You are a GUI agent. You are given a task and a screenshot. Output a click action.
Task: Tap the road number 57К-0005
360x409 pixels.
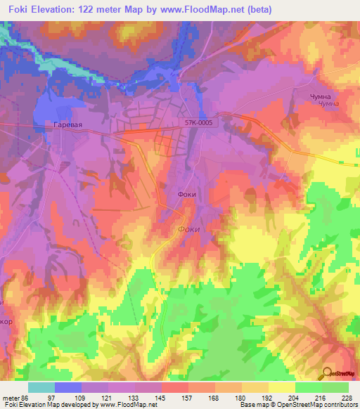click(x=198, y=122)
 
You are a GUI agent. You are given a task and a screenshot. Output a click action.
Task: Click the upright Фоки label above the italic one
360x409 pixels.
click(x=186, y=195)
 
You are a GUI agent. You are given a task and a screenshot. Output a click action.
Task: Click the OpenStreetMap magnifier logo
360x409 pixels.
click(x=327, y=373)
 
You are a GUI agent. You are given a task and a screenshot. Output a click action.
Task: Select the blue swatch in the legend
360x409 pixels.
click(x=68, y=387)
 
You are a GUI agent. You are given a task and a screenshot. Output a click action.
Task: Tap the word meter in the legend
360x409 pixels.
click(x=11, y=398)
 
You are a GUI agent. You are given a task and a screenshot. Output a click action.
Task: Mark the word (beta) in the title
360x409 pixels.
click(x=259, y=9)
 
